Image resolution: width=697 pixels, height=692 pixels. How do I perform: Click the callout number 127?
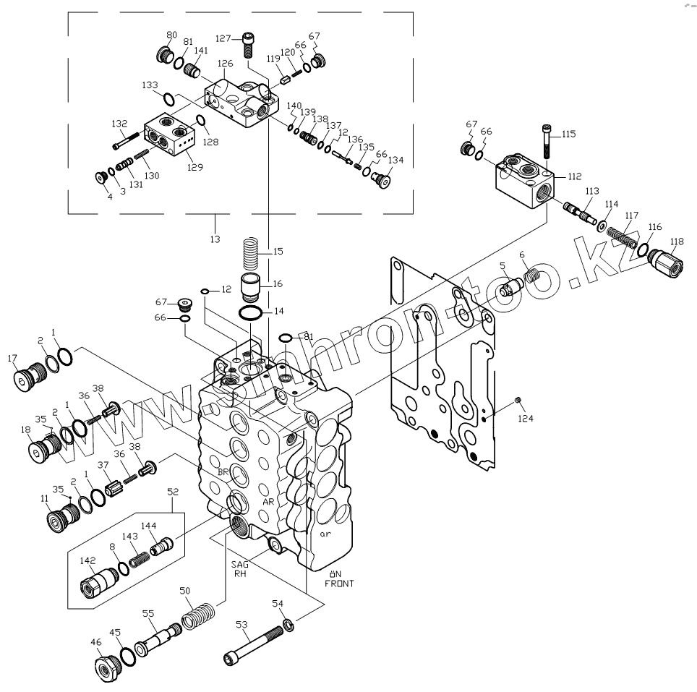tap(226, 39)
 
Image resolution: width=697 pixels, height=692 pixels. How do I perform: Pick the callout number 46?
tap(95, 641)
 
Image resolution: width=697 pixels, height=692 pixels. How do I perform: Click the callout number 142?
tap(87, 560)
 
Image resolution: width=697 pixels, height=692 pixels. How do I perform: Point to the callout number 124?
tap(524, 418)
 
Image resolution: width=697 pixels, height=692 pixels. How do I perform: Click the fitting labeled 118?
tap(666, 260)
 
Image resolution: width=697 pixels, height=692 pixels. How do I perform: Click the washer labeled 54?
tap(287, 625)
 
